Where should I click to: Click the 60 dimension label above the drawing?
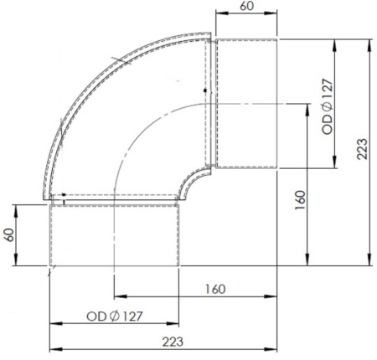tap(246, 6)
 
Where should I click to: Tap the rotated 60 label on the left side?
tap(9, 235)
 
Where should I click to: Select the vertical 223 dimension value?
tap(362, 149)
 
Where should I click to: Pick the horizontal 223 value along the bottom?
tap(173, 342)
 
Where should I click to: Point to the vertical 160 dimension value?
tap(300, 200)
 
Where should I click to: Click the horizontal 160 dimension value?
tap(215, 289)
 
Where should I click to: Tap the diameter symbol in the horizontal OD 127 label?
tap(115, 316)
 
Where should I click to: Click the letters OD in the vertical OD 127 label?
tap(328, 125)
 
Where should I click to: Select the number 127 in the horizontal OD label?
tap(132, 316)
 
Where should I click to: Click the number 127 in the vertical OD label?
tap(328, 90)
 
